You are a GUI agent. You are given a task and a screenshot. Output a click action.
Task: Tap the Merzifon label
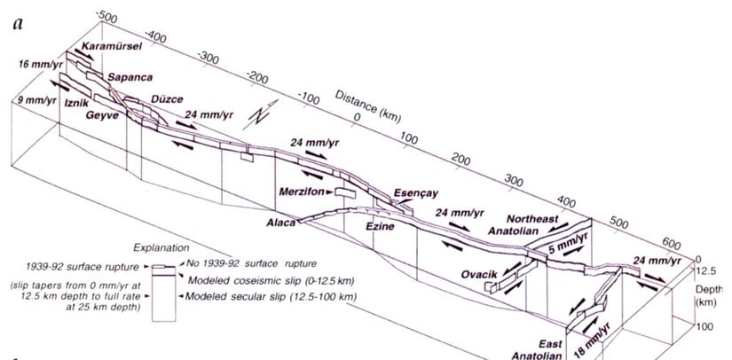301,192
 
